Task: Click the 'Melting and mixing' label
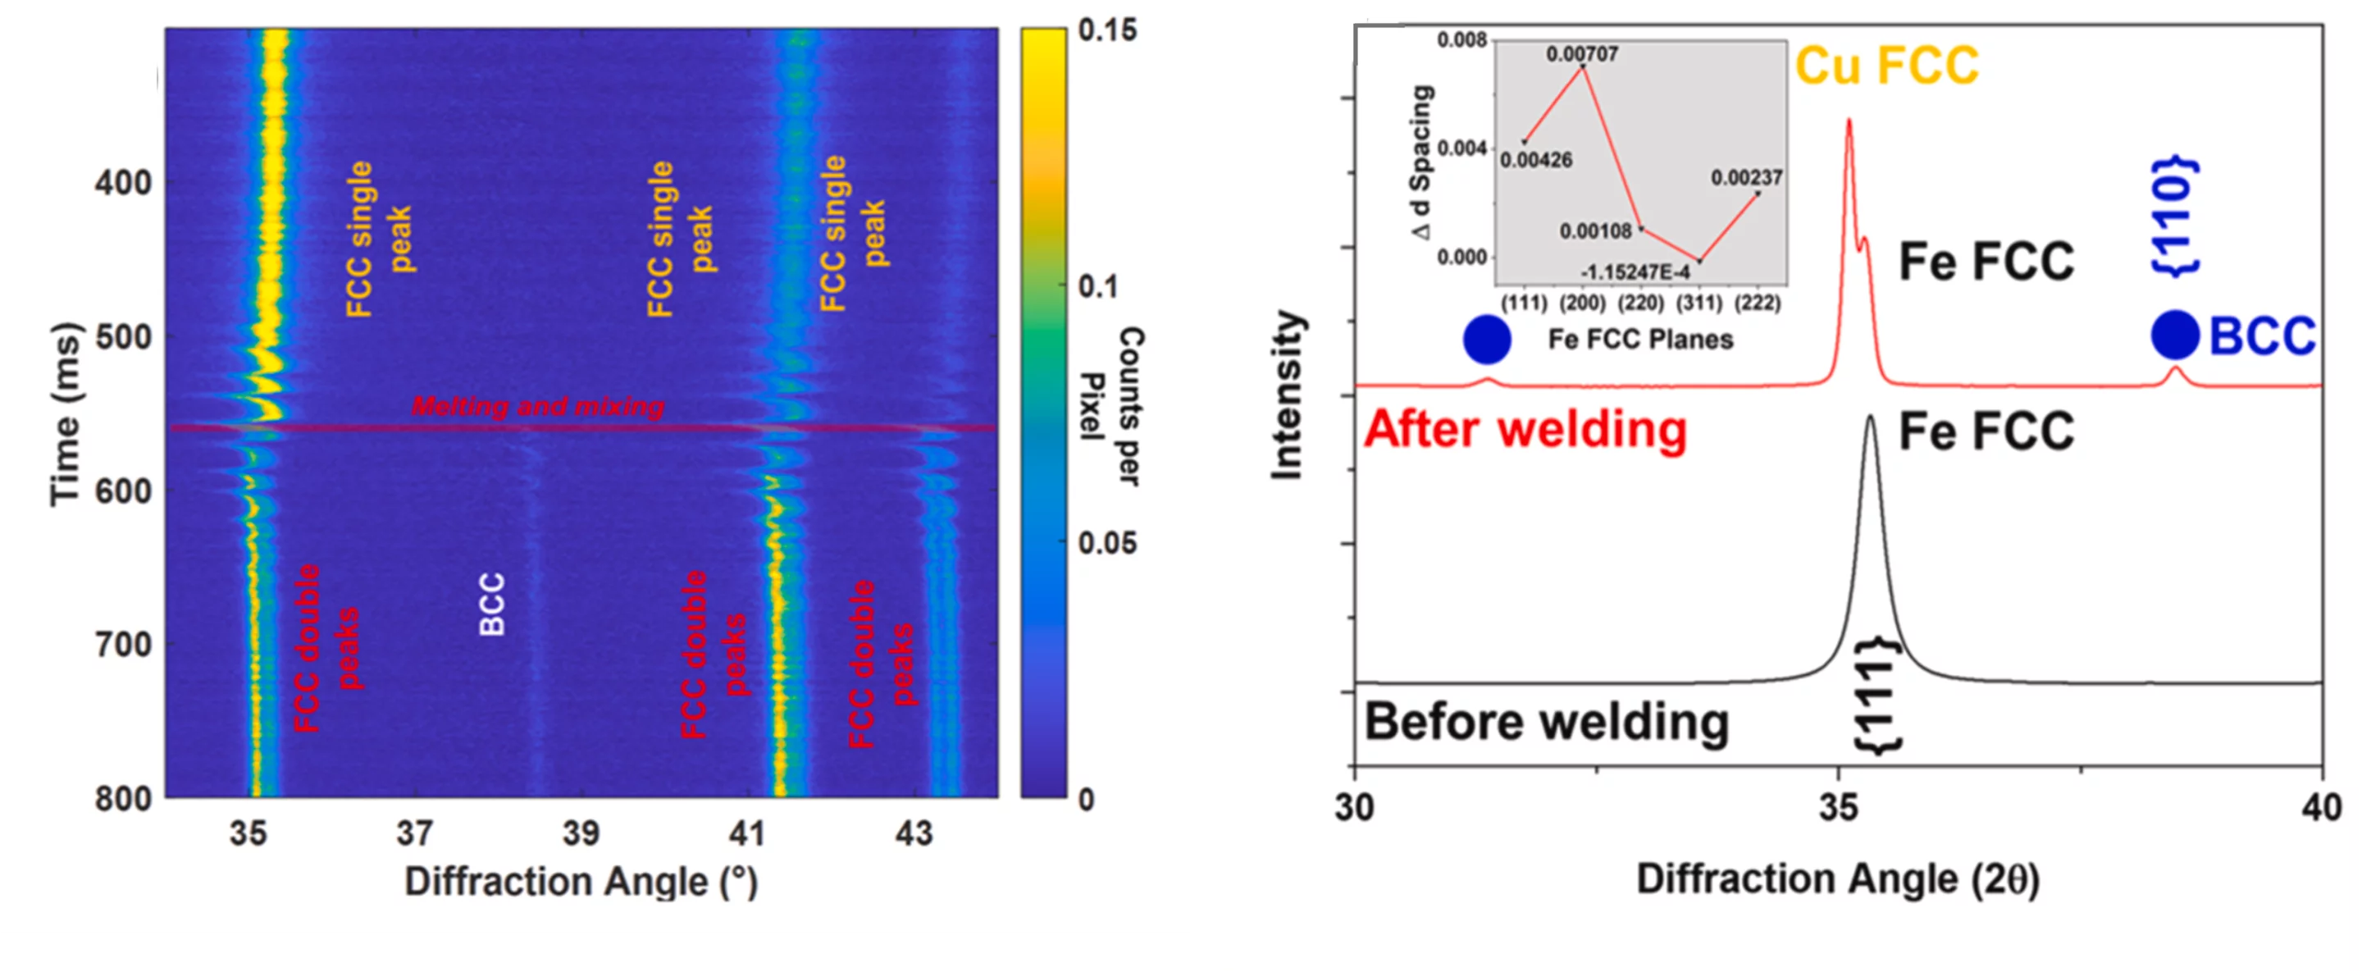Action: [537, 406]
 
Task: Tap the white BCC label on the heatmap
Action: [492, 605]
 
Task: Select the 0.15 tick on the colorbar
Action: [1106, 30]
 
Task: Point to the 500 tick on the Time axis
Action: [123, 336]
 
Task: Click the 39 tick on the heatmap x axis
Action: [581, 833]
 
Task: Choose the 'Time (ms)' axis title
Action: [66, 413]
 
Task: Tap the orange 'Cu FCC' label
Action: [1886, 66]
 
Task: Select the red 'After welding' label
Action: [1525, 429]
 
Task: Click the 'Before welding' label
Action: [1546, 723]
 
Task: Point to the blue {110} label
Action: [2175, 217]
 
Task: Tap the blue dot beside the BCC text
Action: [2175, 335]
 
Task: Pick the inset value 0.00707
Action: [1582, 54]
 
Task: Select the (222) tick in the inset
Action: [1756, 303]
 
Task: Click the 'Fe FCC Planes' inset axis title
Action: [1640, 340]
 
